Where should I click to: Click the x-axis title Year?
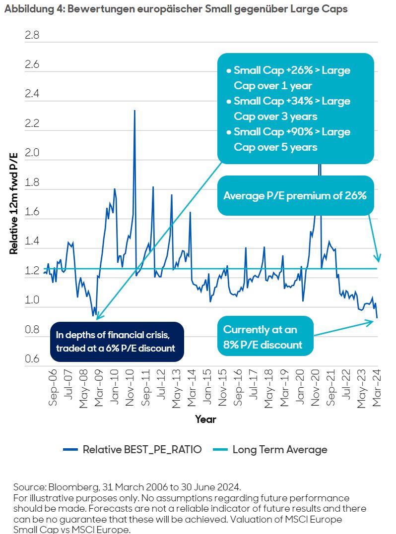coord(205,419)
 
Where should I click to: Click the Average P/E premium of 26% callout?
coord(295,195)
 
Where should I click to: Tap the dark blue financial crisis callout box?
coord(117,341)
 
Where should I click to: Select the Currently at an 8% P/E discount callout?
coord(265,337)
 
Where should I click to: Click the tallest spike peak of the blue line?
coord(134,111)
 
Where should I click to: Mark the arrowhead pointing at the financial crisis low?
coord(97,317)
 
